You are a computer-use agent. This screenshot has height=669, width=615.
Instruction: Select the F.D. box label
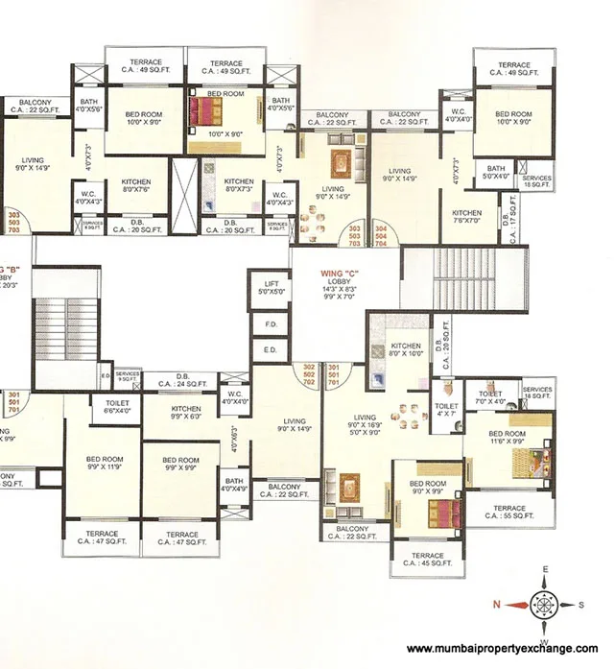269,325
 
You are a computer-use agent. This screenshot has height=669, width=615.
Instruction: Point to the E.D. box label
269,350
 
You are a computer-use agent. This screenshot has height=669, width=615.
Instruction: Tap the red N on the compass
496,605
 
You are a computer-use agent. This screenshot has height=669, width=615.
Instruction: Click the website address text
502,648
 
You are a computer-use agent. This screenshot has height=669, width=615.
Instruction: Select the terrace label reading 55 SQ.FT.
509,512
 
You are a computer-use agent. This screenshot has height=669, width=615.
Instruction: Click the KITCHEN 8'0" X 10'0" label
406,350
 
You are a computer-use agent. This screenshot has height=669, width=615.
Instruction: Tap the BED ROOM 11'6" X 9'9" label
507,438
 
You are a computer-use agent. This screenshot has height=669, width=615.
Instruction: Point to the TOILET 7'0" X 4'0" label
489,397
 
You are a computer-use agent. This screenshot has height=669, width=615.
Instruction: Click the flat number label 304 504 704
382,235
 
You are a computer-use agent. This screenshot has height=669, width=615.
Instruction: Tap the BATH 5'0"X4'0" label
495,173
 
